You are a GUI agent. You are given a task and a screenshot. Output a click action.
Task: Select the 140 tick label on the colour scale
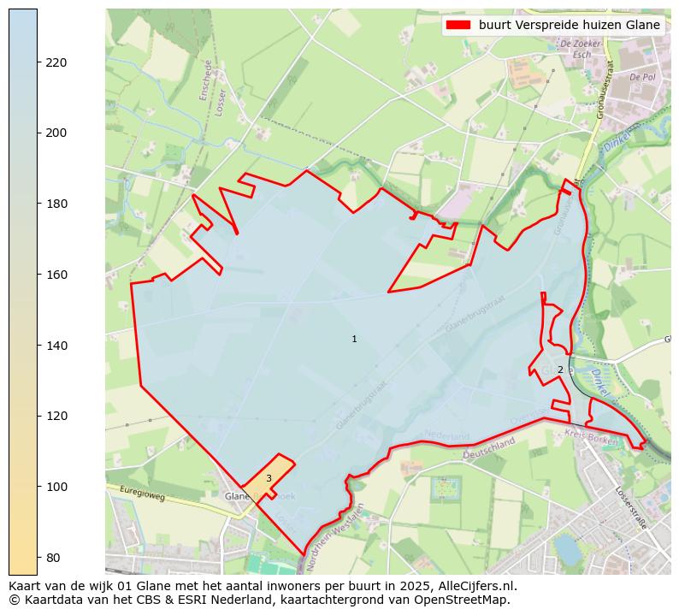click(56, 346)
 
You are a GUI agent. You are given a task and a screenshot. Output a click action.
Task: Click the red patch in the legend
click(458, 26)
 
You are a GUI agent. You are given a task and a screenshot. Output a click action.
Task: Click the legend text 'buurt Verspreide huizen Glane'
click(569, 26)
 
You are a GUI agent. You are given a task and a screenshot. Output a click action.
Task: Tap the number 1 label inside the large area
click(354, 340)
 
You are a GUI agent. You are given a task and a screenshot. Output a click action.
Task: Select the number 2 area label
click(560, 370)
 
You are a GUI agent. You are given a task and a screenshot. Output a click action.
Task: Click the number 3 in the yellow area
click(269, 479)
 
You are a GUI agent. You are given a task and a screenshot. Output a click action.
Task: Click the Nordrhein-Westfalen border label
click(334, 530)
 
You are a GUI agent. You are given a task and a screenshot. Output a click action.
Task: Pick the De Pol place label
click(641, 77)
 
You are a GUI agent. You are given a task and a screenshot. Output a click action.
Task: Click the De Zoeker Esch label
click(575, 48)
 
